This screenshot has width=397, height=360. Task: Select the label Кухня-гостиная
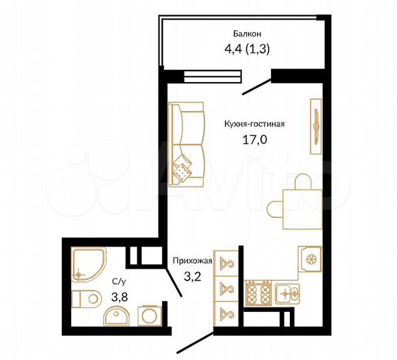[254, 123]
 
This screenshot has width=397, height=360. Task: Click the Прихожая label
[192, 260]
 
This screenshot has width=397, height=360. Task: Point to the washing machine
[147, 314]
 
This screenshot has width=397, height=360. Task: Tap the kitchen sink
[288, 291]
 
